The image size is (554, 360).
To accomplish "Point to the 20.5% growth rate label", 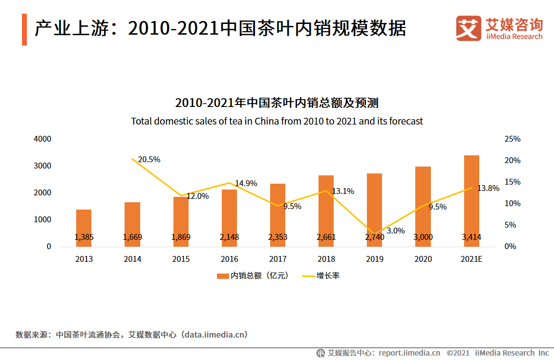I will (149, 159).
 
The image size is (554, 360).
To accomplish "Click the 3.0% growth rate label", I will (395, 231).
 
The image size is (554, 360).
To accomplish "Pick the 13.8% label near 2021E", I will (488, 188).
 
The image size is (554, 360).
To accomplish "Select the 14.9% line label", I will (246, 183).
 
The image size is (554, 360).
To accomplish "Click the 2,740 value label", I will (374, 237).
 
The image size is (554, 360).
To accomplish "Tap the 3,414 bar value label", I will (471, 237).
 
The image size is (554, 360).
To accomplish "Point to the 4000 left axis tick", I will (43, 139).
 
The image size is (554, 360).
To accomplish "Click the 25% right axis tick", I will (512, 139).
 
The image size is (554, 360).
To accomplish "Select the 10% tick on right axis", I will (512, 203).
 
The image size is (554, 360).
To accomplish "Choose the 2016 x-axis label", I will (229, 259).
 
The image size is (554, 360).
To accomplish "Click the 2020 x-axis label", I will (423, 259).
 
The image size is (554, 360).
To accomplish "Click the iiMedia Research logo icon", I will (469, 28).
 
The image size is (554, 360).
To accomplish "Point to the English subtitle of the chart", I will (277, 121).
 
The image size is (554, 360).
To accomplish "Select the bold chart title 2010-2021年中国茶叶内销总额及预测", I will (277, 103).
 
